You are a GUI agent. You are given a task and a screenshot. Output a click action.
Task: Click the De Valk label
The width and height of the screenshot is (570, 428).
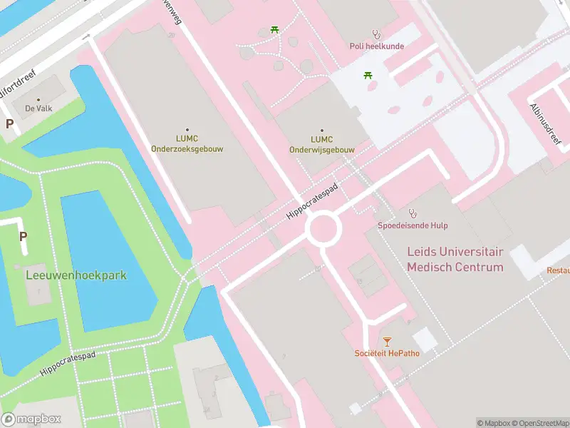[38, 108]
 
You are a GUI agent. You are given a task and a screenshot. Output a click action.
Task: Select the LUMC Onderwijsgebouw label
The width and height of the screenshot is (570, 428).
[322, 144]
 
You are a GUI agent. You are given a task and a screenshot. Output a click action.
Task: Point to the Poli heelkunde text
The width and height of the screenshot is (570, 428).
[376, 46]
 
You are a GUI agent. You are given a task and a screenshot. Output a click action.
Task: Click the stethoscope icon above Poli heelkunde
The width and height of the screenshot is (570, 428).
[376, 34]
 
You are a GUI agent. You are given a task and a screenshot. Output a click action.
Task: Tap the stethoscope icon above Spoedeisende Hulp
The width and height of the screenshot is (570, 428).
[413, 213]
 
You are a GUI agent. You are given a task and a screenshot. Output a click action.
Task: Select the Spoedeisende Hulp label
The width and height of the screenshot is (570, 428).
[413, 225]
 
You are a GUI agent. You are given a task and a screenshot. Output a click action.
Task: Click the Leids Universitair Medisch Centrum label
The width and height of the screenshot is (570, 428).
[455, 260]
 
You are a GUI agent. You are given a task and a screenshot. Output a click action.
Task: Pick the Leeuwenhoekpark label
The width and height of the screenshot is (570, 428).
[76, 275]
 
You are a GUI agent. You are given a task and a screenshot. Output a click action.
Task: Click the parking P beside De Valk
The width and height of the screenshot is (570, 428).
[10, 123]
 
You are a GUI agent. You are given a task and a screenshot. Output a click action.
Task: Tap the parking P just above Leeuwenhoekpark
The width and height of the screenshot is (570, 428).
[23, 237]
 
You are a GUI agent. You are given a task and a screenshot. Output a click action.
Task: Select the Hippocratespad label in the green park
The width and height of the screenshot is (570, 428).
[68, 364]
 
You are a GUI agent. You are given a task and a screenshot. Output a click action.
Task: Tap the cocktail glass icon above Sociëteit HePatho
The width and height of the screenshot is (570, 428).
[387, 342]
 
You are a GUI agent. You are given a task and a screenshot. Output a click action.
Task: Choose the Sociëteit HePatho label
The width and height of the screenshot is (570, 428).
[387, 354]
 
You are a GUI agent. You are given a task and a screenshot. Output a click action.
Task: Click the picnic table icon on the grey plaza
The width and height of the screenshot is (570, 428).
[368, 75]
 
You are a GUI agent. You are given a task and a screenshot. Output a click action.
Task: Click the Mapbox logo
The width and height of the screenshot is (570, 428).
[31, 419]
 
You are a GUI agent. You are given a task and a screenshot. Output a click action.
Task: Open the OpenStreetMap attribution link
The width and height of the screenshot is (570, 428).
[539, 423]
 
